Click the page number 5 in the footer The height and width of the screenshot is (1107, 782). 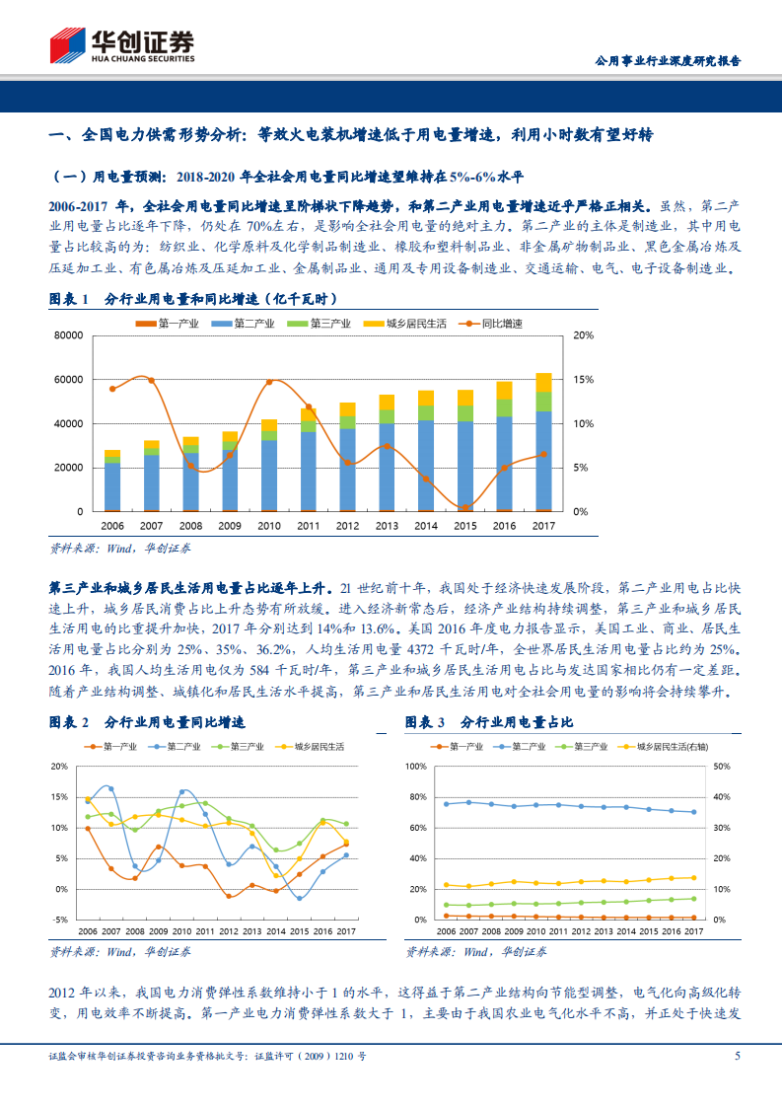point(737,1057)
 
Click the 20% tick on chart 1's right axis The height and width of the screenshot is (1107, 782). point(583,335)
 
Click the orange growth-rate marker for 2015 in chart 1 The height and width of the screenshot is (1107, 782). point(465,507)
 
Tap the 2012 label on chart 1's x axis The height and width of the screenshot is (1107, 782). point(347,526)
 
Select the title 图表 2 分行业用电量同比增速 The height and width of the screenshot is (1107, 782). point(147,723)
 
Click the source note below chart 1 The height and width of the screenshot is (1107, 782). point(120,548)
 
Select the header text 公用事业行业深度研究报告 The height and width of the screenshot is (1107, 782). point(669,60)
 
